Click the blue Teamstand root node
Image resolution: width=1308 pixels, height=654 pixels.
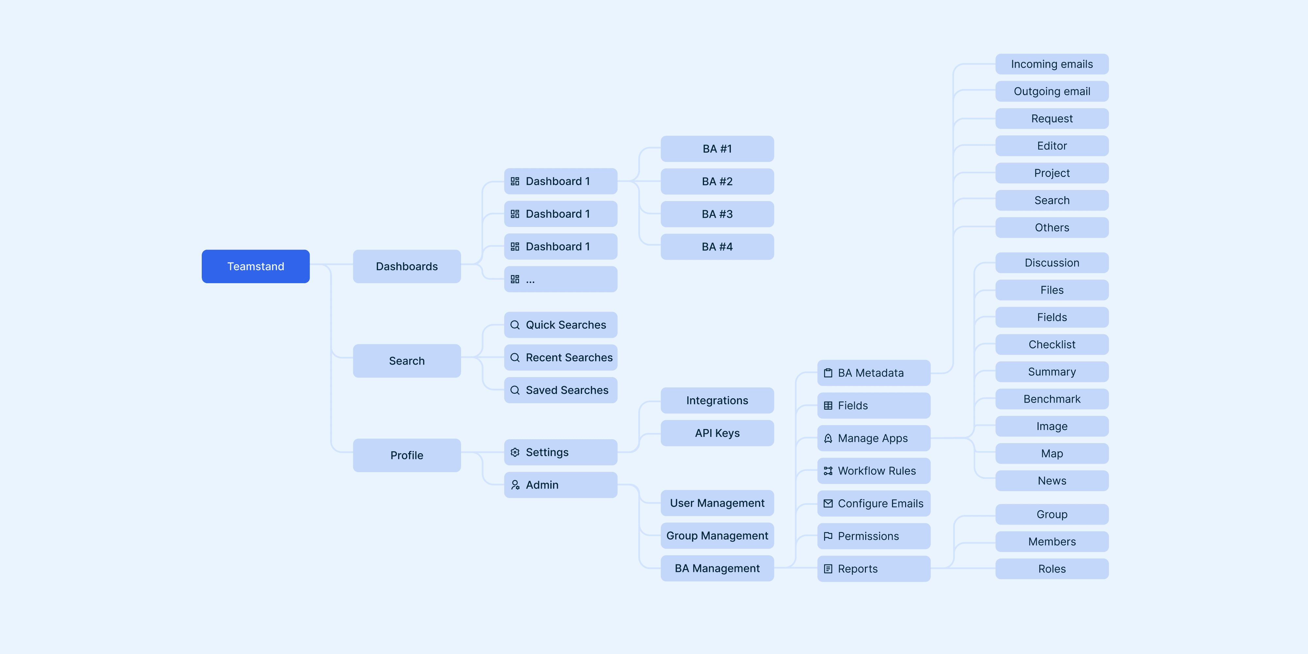tap(255, 266)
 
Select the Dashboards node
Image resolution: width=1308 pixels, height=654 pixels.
tap(407, 266)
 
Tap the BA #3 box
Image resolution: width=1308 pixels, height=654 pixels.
tap(717, 214)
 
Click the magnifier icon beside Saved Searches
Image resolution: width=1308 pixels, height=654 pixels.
tap(515, 390)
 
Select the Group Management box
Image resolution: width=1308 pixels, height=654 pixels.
tap(717, 536)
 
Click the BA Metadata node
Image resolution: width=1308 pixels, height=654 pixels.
tap(873, 373)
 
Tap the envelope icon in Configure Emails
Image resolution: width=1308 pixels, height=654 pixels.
tap(828, 504)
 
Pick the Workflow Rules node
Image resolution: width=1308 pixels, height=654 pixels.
tap(873, 471)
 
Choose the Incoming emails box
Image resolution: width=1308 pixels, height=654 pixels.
tap(1052, 64)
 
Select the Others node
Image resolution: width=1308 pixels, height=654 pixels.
tap(1052, 228)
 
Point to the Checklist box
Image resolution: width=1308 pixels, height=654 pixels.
tap(1052, 344)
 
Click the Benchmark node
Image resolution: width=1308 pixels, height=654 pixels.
tap(1052, 399)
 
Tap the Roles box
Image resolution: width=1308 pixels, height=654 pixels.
tap(1052, 569)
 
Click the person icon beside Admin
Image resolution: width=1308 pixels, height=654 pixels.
tap(515, 485)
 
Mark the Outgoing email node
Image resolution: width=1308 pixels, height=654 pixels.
tap(1052, 92)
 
